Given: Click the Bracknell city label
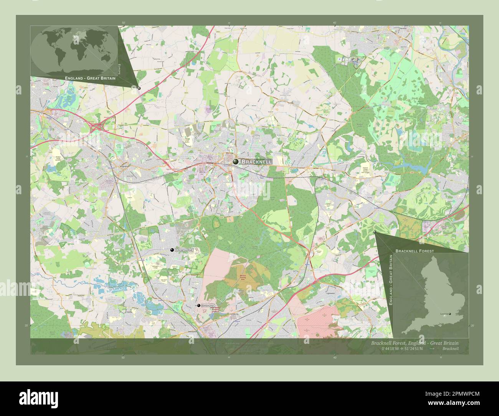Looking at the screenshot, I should pos(257,162).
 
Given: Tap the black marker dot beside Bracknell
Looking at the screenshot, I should pos(235,162).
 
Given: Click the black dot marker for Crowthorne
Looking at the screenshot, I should pos(172,250).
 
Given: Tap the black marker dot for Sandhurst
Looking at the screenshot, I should pos(198,305).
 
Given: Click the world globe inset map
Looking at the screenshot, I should pos(74,50).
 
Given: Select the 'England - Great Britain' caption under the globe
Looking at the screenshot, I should pos(91,78).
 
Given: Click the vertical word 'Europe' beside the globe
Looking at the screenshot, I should pos(119,69).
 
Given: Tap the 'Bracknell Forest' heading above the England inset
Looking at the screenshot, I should pos(415,251).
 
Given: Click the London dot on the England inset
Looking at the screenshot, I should pos(450,314).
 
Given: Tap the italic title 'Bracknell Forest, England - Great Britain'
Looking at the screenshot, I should pos(415,343).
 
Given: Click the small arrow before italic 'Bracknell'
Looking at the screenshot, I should pos(432,348).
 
